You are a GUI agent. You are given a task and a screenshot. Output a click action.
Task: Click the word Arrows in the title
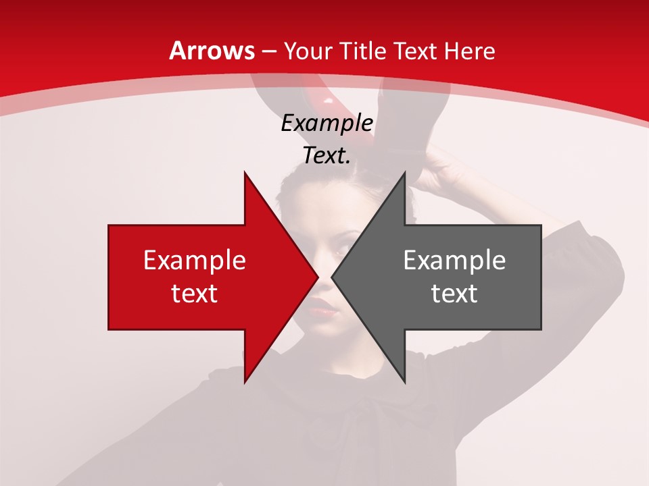pos(212,51)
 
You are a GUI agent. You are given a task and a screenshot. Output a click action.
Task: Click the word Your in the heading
pos(308,51)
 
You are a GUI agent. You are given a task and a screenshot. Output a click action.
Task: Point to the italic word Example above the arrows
pos(327,124)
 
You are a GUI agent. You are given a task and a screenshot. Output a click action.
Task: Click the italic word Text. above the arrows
pos(327,156)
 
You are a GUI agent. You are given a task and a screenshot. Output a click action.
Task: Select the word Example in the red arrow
pos(195,261)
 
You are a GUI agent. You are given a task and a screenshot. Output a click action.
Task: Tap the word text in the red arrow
pos(195,294)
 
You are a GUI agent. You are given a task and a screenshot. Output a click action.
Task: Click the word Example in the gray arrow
pos(454,261)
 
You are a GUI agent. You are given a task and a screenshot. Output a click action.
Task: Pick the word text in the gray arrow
pos(454,294)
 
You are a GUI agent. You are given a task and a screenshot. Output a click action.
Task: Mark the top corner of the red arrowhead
pos(245,173)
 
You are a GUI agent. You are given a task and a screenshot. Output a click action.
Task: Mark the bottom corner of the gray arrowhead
pos(405,381)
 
